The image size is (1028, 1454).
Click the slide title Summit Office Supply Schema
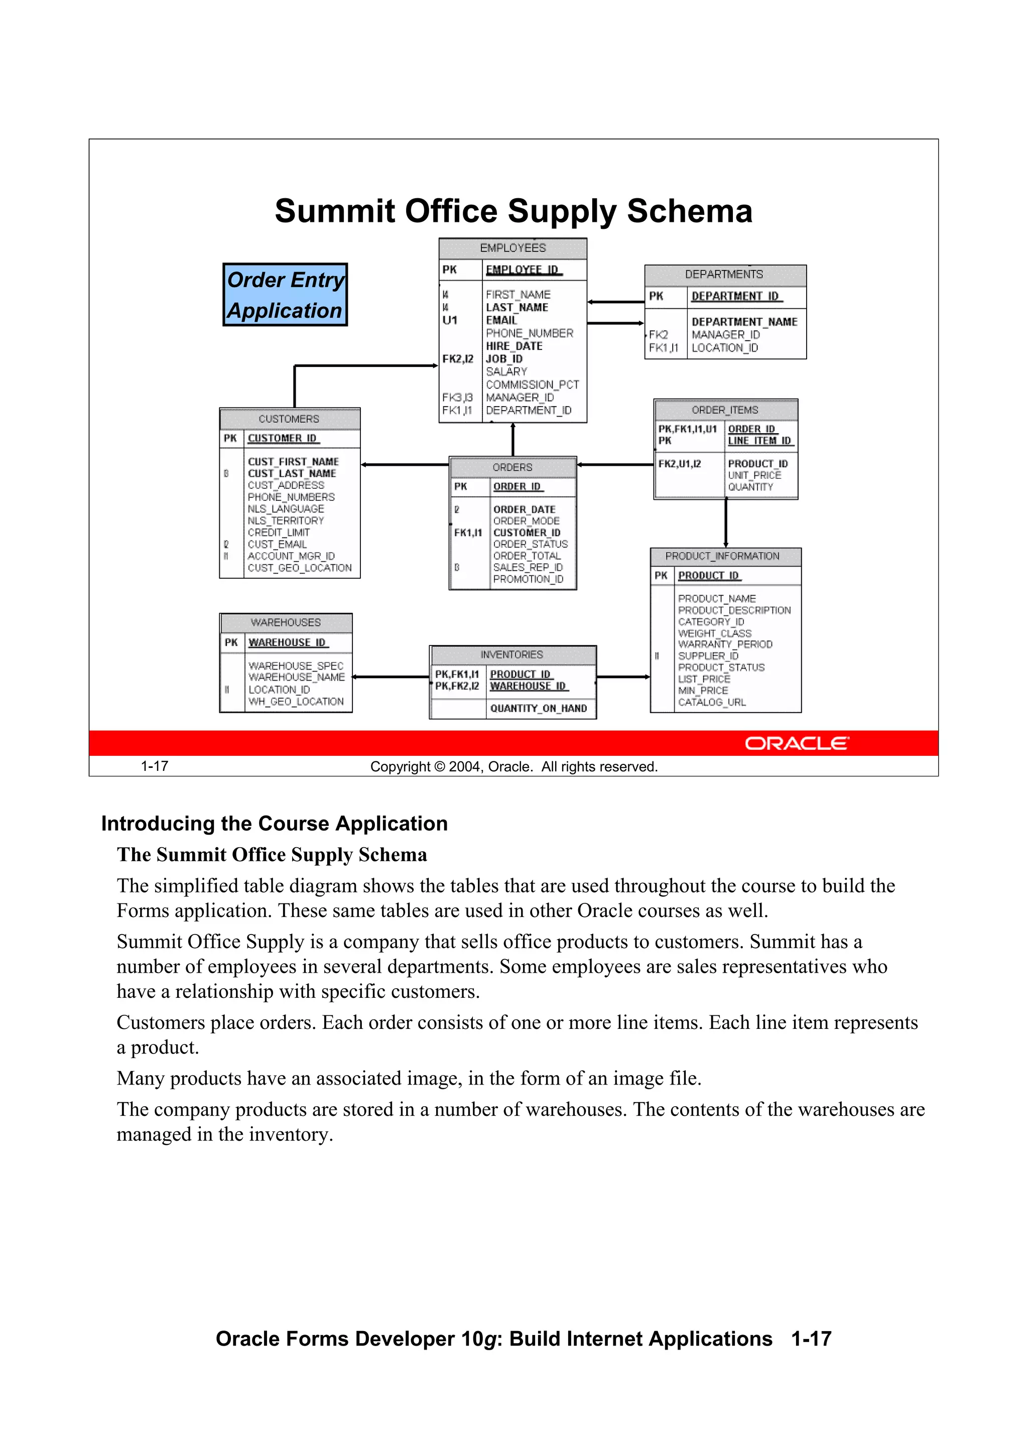[x=513, y=211]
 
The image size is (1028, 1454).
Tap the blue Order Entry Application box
[x=285, y=295]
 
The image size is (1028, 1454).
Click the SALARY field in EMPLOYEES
[x=506, y=372]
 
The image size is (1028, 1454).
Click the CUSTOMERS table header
[x=289, y=419]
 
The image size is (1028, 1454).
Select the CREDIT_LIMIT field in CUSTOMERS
[x=278, y=533]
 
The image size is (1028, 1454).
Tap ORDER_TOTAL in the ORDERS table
[x=527, y=556]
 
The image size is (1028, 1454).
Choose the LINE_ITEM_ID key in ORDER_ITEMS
[x=759, y=441]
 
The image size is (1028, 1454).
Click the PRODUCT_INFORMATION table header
[x=722, y=557]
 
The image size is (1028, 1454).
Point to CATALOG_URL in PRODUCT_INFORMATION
[x=711, y=702]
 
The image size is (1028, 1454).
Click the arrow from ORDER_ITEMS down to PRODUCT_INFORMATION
[x=726, y=523]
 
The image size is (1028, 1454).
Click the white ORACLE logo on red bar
[x=796, y=743]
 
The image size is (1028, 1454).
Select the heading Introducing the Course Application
[x=274, y=824]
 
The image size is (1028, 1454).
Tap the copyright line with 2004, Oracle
[x=513, y=767]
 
